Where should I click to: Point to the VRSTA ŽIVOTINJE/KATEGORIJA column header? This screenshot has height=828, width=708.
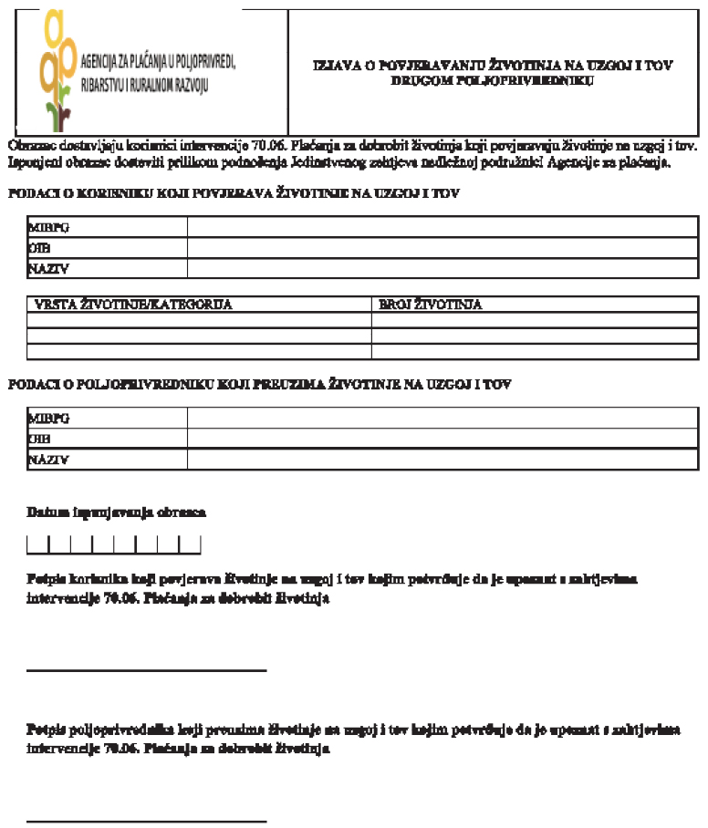tap(133, 305)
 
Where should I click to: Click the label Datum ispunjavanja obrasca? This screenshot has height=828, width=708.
tap(117, 512)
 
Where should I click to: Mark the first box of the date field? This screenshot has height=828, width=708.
tap(37, 545)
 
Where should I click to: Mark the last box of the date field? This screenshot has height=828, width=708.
tap(190, 545)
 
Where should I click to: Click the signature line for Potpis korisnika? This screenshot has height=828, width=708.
tap(146, 670)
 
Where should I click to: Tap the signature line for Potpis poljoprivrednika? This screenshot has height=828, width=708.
tap(146, 821)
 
